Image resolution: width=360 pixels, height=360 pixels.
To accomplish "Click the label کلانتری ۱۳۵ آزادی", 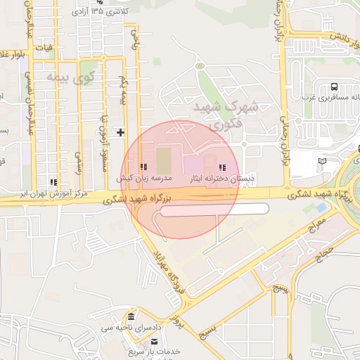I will [105, 13].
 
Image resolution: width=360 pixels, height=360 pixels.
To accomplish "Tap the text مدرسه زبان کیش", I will [144, 179].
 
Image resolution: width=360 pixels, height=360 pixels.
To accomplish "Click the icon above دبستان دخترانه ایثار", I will [223, 167].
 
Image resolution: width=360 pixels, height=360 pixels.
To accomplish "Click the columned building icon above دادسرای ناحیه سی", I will [130, 316].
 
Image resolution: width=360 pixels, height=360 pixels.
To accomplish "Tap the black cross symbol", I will [120, 131].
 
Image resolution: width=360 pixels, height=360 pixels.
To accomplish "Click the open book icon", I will [322, 161].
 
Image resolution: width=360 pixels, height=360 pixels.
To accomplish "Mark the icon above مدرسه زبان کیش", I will [143, 167].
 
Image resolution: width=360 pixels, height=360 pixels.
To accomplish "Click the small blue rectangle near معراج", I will [321, 208].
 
